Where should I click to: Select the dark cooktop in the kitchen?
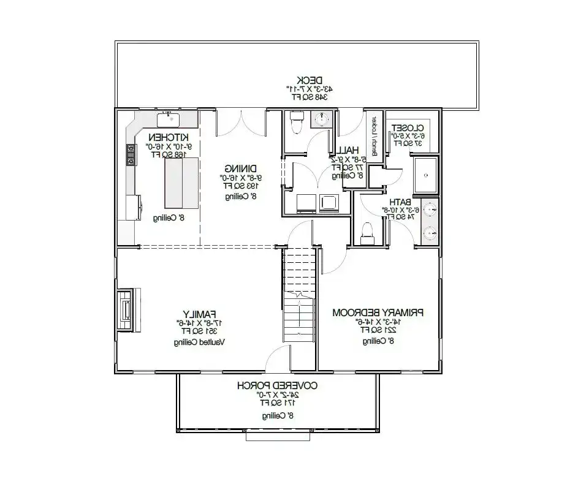(130, 155)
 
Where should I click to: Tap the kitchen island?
(181, 183)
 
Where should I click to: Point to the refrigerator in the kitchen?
(133, 207)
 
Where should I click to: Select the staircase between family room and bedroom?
(299, 294)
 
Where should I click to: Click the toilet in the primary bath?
(367, 231)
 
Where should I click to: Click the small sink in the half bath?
(321, 119)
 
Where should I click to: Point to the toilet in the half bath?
(297, 121)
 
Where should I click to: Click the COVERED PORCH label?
(277, 385)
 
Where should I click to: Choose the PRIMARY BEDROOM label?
(378, 312)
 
